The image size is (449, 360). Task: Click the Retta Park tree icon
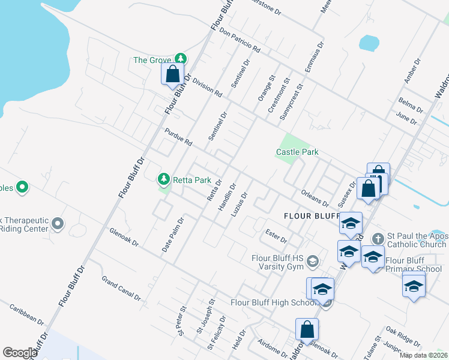coord(163,179)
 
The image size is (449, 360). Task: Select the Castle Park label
coord(297,152)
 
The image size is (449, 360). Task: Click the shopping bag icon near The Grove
coord(172,74)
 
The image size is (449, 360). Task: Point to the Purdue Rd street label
coord(178,137)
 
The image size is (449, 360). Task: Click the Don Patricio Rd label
coord(240,40)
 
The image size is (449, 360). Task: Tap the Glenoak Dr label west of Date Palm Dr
coord(124,237)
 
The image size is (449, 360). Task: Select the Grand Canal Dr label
coord(121,289)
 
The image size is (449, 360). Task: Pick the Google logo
coord(20,353)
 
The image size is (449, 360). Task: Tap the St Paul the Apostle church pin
coord(377,238)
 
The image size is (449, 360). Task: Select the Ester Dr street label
coord(276,236)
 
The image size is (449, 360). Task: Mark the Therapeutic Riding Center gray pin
coord(58,224)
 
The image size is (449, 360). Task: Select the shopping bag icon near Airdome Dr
coord(307,329)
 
